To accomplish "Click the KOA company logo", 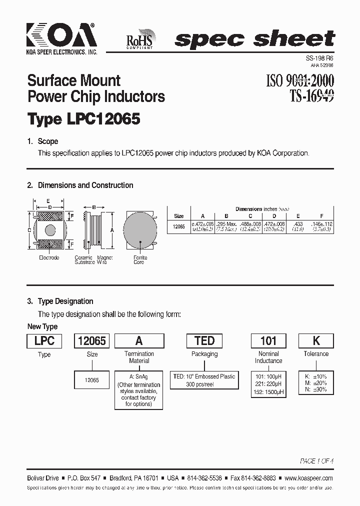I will pos(61,37).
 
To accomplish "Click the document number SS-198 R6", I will pos(320,58).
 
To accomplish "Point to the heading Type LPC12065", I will pos(83,119).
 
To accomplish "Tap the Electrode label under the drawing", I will pos(49,258).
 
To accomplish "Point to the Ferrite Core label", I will pos(139,260).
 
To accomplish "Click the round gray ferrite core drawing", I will pos(139,230).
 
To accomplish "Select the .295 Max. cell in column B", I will pos(226,223).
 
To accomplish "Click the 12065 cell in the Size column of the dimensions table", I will pos(178,226).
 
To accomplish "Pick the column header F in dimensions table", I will pos(321,216).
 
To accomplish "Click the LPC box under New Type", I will pos(44,340).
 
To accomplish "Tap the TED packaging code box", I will pos(204,340).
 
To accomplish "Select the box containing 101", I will pos(268,340).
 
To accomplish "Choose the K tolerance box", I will pos(316,340).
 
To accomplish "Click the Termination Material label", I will pos(139,357).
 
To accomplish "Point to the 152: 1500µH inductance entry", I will pos(268,392).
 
